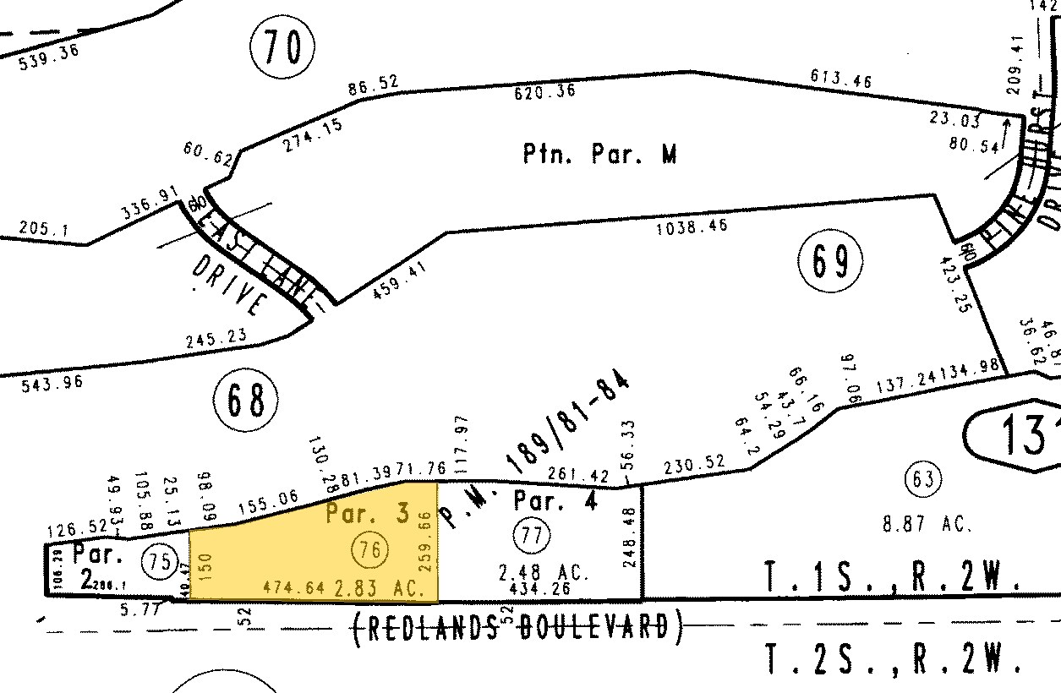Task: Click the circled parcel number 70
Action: click(282, 46)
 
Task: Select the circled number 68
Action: click(246, 401)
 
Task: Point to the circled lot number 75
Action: click(160, 561)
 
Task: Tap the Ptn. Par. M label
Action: click(599, 154)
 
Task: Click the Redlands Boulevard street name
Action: click(517, 626)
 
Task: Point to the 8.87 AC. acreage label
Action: click(927, 524)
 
